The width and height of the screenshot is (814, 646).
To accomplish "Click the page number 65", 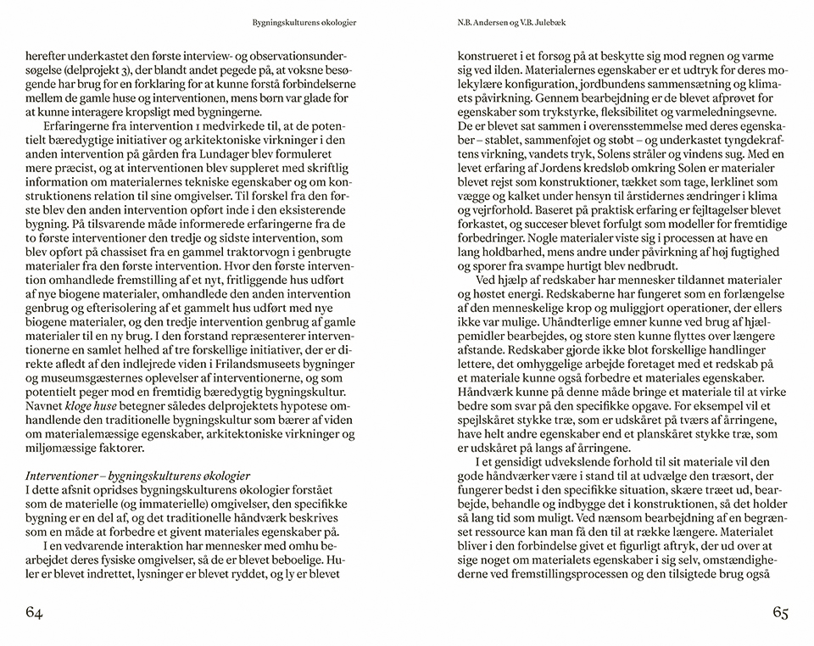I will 779,613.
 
